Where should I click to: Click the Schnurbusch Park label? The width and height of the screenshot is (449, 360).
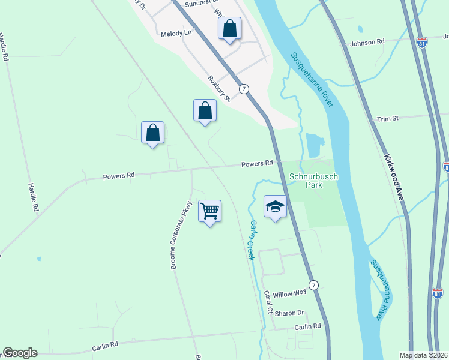[x=306, y=181]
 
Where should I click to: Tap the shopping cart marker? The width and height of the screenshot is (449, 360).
[x=209, y=211]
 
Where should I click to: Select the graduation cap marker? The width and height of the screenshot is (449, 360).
[x=275, y=207]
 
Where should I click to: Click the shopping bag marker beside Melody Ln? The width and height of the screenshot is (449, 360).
[x=229, y=28]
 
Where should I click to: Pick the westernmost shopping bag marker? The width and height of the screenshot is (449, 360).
[x=152, y=133]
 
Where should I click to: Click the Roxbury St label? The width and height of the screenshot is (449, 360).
[x=219, y=88]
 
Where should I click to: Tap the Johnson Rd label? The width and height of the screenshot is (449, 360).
[x=367, y=42]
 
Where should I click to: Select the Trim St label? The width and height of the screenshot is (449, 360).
[x=388, y=119]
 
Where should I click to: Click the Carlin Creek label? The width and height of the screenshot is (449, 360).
[x=253, y=240]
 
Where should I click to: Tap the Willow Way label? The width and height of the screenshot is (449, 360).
[x=289, y=294]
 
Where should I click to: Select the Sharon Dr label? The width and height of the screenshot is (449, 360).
[x=290, y=313]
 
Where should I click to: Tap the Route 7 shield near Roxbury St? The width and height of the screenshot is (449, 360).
[x=244, y=89]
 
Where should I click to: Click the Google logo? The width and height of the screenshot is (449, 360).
[x=20, y=353]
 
